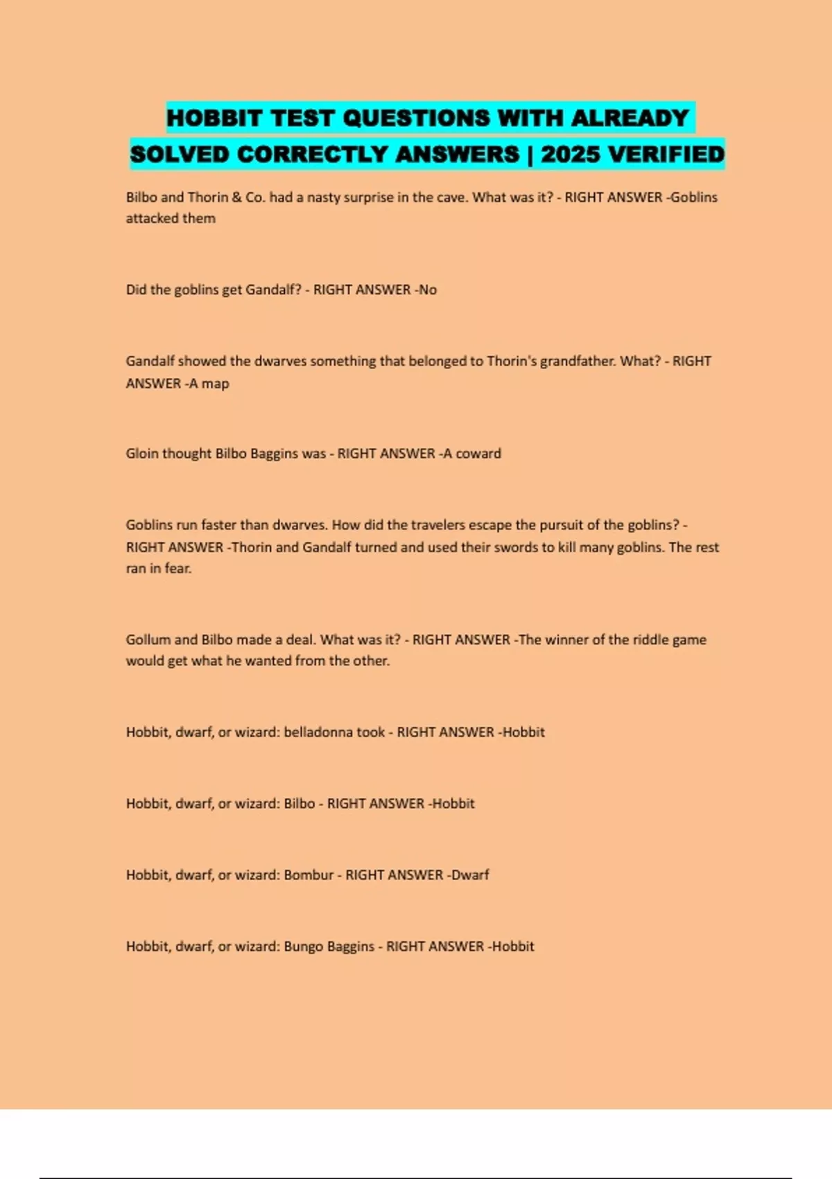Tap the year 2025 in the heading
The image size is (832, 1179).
click(x=570, y=154)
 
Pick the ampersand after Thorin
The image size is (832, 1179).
click(x=236, y=197)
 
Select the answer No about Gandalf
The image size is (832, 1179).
click(x=428, y=290)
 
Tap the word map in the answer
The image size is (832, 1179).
click(x=215, y=384)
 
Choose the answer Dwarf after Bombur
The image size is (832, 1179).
click(x=470, y=875)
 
